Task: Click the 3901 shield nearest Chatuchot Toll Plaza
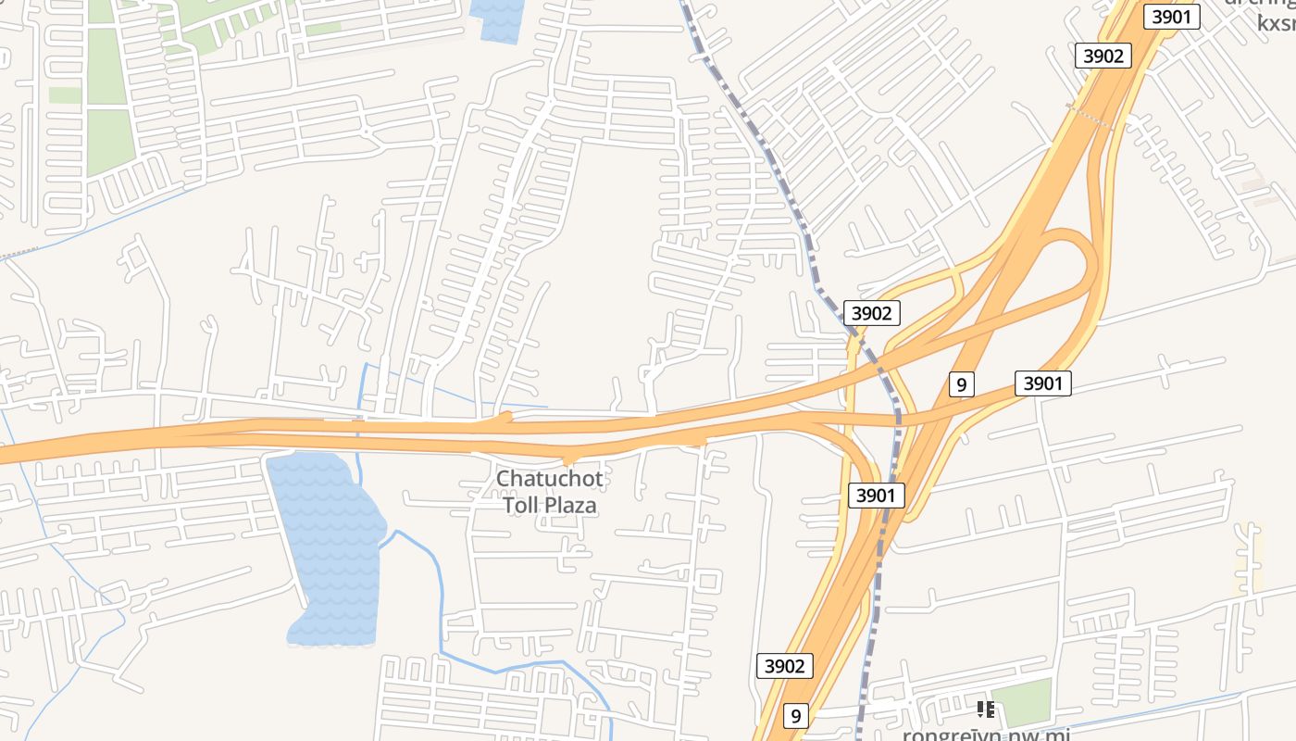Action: click(x=876, y=496)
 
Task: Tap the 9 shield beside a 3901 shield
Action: click(x=962, y=383)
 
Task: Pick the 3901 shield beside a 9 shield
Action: click(x=1043, y=383)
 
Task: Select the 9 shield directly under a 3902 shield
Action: click(x=795, y=715)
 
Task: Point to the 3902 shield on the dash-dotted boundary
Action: click(x=870, y=313)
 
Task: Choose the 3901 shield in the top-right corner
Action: click(x=1171, y=17)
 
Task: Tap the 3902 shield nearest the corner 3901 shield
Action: click(x=1103, y=56)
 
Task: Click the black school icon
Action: click(x=985, y=710)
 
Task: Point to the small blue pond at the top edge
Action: click(x=497, y=19)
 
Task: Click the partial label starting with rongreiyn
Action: click(x=986, y=735)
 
